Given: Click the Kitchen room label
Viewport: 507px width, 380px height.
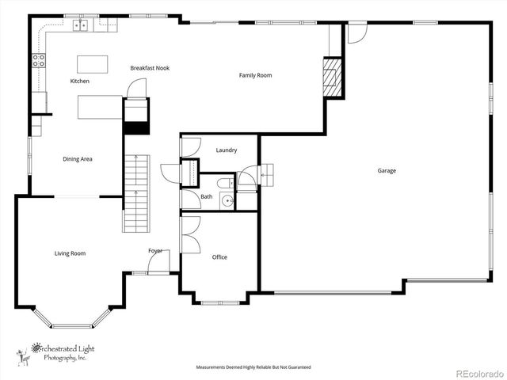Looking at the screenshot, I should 79,82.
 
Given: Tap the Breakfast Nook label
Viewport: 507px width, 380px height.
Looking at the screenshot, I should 150,68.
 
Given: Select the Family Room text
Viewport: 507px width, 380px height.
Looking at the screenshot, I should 255,75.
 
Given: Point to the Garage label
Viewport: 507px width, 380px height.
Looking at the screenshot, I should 387,170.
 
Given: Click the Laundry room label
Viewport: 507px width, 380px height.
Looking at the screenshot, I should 227,150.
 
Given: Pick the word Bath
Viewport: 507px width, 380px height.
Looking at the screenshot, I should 206,196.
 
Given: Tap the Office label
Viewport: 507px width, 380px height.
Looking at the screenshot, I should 219,257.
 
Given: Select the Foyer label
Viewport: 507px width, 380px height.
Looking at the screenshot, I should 155,251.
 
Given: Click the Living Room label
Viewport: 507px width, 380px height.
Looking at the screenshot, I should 70,253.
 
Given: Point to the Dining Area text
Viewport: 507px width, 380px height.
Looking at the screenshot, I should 78,159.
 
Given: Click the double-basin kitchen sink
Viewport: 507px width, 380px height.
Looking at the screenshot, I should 81,26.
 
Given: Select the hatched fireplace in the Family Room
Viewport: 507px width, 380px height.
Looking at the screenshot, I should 331,77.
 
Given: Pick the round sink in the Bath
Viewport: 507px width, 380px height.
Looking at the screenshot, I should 227,201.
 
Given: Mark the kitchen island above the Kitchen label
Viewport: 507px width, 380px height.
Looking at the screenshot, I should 93,63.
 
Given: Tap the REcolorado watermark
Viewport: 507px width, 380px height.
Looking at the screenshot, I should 478,373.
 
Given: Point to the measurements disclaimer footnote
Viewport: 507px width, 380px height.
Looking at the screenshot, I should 253,367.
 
